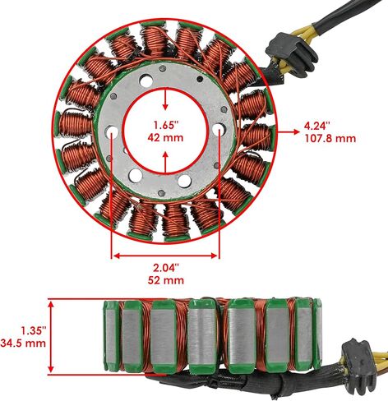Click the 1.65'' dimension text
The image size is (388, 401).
pyautogui.click(x=166, y=126)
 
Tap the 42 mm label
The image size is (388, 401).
pyautogui.click(x=165, y=137)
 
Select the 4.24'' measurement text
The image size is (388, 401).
pyautogui.click(x=317, y=126)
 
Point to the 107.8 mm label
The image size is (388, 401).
pyautogui.click(x=330, y=138)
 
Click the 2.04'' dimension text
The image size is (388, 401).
pyautogui.click(x=166, y=268)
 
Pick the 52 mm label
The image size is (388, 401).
pyautogui.click(x=166, y=280)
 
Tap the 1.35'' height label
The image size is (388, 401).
pyautogui.click(x=33, y=330)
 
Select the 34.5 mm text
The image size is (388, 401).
pyautogui.click(x=23, y=343)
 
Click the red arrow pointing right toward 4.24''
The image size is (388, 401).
pyautogui.click(x=289, y=131)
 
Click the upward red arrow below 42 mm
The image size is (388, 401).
pyautogui.click(x=165, y=163)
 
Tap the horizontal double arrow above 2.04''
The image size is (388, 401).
pyautogui.click(x=165, y=256)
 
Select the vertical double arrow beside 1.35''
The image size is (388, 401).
pyautogui.click(x=51, y=337)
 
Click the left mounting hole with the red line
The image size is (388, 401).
pyautogui.click(x=112, y=131)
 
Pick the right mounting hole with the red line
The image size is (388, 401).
pyautogui.click(x=219, y=129)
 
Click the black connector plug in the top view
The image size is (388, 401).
pyautogui.click(x=291, y=53)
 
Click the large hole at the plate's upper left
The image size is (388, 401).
pyautogui.click(x=146, y=81)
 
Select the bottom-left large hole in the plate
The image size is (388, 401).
pyautogui.click(x=136, y=175)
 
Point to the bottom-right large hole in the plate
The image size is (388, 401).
pyautogui.click(x=184, y=181)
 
